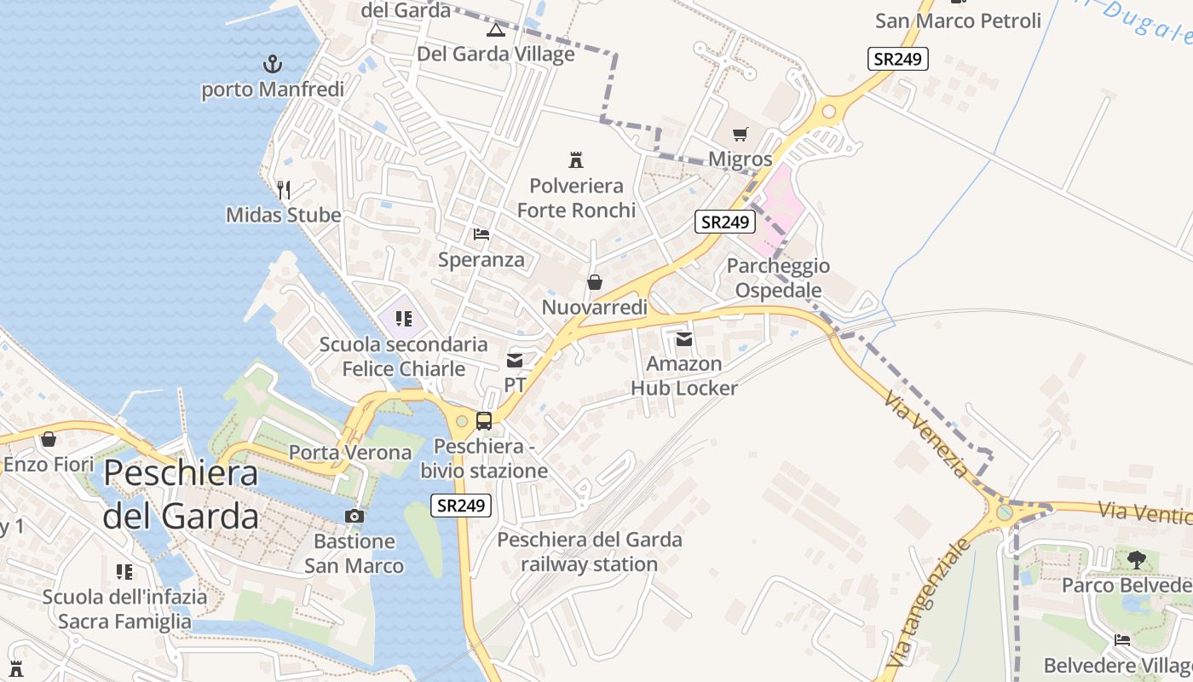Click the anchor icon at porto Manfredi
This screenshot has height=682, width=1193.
point(272,63)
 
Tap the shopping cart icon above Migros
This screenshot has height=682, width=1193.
point(740,134)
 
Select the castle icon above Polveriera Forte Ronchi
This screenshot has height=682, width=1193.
point(576,159)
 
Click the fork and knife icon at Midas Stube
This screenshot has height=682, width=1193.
point(284,189)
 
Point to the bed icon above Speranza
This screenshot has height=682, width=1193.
point(481,234)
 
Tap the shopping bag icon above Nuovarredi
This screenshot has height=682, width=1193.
point(595,282)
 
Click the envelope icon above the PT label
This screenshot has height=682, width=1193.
point(515,361)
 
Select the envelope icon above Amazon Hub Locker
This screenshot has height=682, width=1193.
point(683,339)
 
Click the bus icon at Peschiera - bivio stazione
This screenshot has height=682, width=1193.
point(483,420)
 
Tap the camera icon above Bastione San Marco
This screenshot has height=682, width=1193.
point(354,516)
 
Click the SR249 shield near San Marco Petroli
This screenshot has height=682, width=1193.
point(898,59)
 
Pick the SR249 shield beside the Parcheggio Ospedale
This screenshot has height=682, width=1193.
point(725,223)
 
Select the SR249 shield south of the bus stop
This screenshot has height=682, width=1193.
point(461,505)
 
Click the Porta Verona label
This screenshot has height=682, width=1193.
point(350,452)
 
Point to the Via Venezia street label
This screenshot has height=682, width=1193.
point(927,435)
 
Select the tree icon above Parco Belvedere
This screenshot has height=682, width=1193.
point(1136,559)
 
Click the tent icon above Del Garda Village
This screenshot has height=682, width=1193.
point(495,31)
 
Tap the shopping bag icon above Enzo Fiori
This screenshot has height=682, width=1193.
point(49,439)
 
